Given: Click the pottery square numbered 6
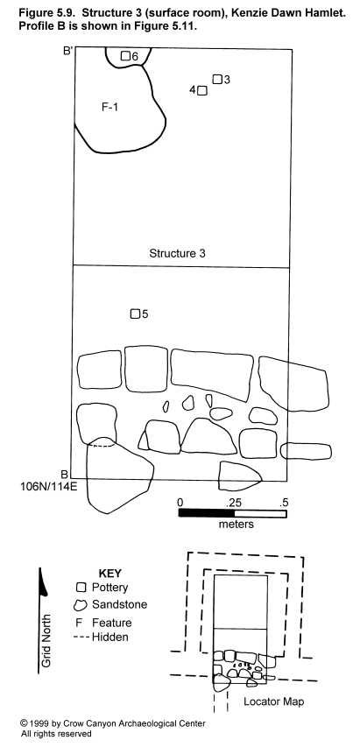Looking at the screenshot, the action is pos(125,56).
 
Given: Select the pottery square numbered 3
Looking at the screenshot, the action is pos(217,79).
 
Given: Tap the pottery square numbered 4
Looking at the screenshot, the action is pos(202,90).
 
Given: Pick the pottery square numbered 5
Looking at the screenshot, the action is pos(135,314).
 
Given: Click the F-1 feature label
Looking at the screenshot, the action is pos(109,107).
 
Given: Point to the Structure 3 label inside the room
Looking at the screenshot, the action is pos(177,253).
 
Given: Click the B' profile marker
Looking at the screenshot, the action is pos(67,51).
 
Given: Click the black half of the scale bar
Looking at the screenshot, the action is pos(207,513).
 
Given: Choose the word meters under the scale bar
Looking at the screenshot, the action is pos(236,525).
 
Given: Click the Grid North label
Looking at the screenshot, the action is pos(46,640).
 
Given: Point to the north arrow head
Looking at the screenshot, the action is pos(43,582).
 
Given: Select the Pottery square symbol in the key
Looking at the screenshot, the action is pos(81,588).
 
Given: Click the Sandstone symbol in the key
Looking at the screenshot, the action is pos(80,605).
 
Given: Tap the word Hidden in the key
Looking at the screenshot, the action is pos(110,637).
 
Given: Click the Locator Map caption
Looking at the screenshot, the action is pos(274,701).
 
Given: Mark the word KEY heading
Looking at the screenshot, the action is pos(109,573).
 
